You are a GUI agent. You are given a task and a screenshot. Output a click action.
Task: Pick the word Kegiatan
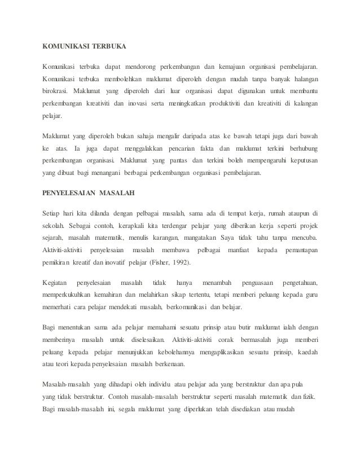pos(56,282)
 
